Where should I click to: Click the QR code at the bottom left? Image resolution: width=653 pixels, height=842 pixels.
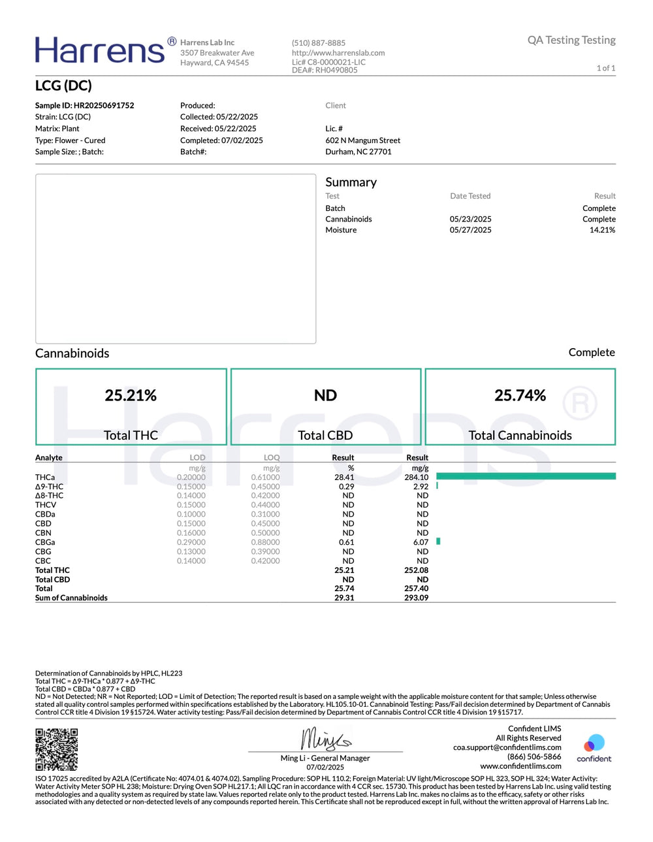click(56, 749)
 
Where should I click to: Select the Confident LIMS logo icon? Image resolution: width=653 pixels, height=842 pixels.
click(594, 743)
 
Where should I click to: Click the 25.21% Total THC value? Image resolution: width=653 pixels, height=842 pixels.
click(131, 395)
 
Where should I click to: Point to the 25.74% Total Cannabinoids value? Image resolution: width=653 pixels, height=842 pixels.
click(520, 395)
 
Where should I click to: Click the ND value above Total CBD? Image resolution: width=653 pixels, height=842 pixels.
click(325, 395)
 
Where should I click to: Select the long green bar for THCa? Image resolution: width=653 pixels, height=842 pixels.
click(526, 476)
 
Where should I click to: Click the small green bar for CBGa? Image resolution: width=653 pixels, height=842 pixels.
click(438, 542)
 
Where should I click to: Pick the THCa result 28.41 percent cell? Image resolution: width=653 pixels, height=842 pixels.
click(344, 478)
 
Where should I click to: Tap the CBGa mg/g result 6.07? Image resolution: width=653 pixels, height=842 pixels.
click(421, 542)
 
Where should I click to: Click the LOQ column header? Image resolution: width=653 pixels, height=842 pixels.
click(272, 457)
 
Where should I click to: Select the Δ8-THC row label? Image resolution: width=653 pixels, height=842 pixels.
click(50, 496)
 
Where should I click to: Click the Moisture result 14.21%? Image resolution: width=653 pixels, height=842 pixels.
click(602, 230)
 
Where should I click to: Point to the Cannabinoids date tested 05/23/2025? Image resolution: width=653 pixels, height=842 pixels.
click(470, 219)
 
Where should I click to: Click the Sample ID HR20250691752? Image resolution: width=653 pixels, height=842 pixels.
click(85, 105)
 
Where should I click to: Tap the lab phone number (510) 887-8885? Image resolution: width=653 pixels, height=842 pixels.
click(319, 43)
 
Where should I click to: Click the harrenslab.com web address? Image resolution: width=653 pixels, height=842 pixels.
click(338, 53)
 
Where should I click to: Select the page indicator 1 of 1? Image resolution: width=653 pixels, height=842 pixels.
click(605, 68)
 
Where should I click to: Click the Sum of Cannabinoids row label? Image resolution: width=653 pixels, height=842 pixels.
click(71, 598)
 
